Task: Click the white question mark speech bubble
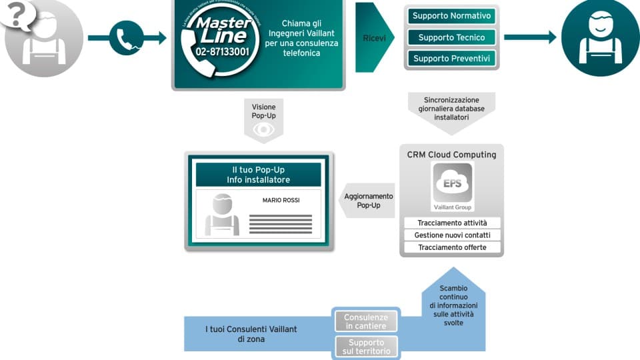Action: click(19, 15)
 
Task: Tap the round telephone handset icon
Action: click(126, 37)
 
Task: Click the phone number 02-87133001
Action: click(222, 51)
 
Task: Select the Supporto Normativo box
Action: click(451, 15)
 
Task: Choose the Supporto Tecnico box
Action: click(451, 37)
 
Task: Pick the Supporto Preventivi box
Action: click(451, 59)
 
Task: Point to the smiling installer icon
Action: click(600, 39)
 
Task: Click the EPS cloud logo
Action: click(453, 184)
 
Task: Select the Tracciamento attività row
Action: click(452, 223)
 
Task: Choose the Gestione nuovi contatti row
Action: click(452, 235)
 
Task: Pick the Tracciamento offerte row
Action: click(452, 247)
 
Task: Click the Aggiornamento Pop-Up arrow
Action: click(366, 201)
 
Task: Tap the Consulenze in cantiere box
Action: click(365, 321)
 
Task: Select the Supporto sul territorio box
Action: click(365, 347)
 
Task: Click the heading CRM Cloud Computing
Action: click(451, 155)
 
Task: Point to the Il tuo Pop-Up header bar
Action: click(258, 175)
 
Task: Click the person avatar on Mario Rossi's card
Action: click(222, 215)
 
